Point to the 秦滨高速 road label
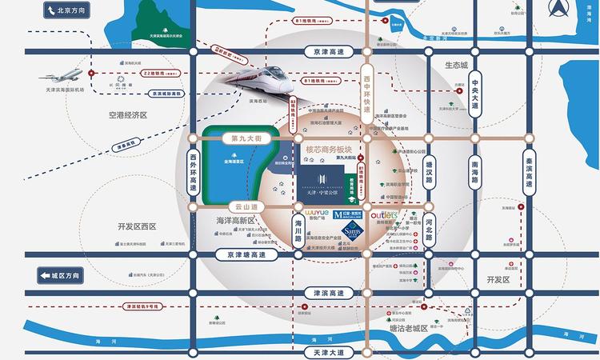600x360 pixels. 528,170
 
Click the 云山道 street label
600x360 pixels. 228,205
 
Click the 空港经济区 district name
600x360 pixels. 130,114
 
